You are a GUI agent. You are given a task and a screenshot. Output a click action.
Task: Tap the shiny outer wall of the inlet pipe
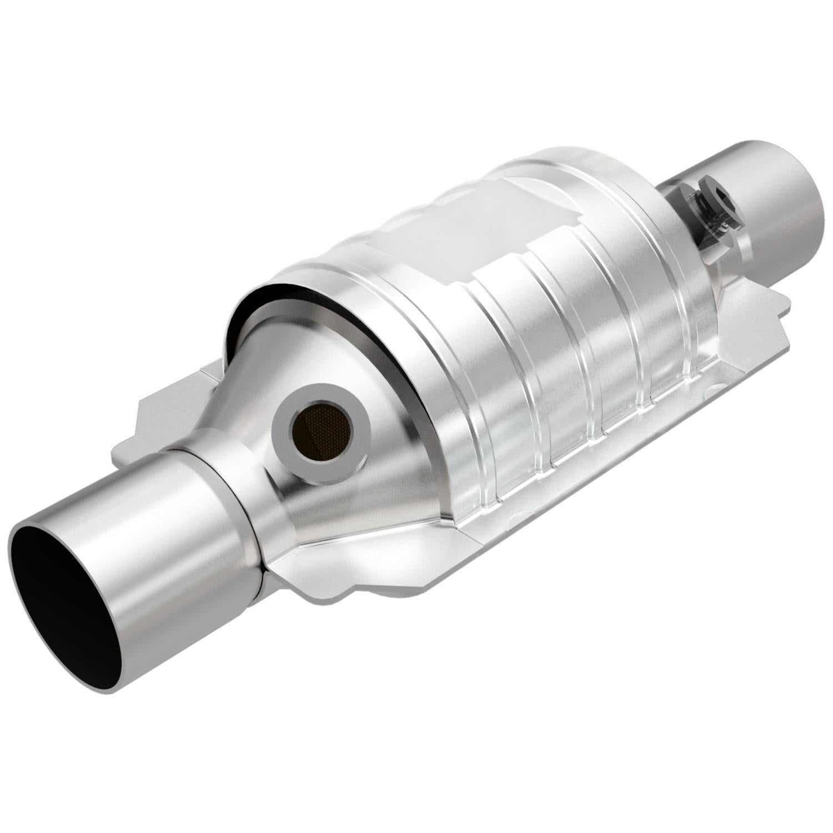[167, 555]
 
